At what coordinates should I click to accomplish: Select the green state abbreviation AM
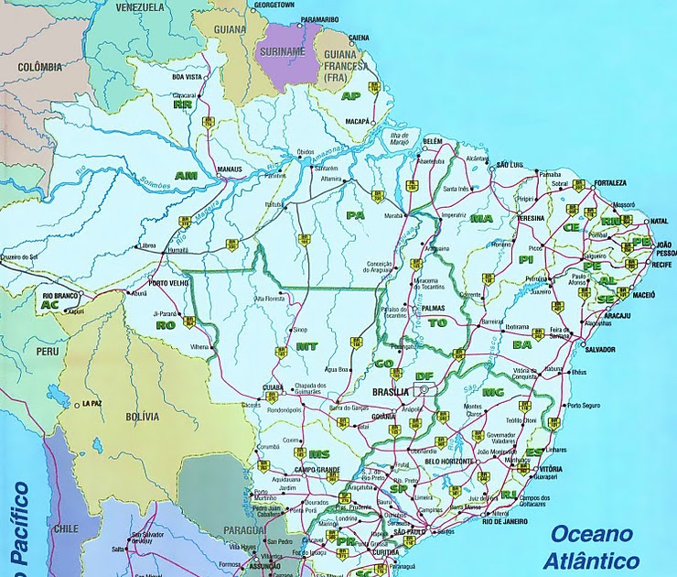(186, 176)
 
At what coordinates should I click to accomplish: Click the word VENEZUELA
(140, 6)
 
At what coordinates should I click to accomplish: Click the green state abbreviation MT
(307, 346)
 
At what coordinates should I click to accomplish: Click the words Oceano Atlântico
(592, 547)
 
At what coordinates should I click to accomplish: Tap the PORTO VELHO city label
(168, 282)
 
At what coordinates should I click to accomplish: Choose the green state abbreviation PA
(355, 214)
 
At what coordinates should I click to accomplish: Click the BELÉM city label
(432, 140)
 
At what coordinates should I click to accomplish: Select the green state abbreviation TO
(439, 323)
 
